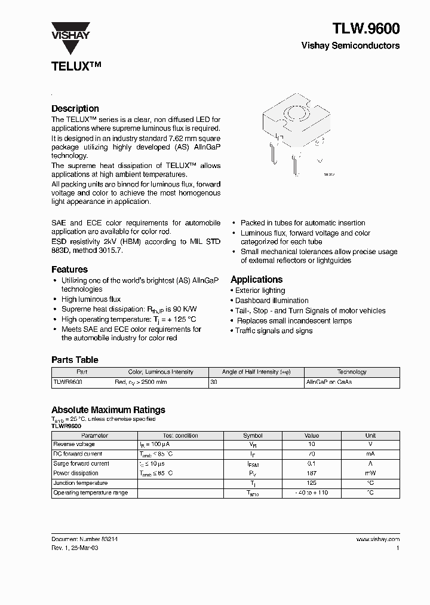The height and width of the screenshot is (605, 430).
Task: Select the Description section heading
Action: coord(75,108)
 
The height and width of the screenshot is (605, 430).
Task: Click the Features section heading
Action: coord(69,269)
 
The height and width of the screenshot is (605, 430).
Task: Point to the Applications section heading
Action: coord(256,279)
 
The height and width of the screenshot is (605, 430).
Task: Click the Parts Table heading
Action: coord(75,360)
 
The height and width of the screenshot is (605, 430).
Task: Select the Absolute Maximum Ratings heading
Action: coord(108,410)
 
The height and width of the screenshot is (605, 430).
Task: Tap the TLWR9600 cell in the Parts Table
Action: coord(68,381)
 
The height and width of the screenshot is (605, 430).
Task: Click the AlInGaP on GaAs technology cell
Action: coord(328,381)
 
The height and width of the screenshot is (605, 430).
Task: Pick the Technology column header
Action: coord(352,372)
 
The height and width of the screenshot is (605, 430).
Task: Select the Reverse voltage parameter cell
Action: coord(74,444)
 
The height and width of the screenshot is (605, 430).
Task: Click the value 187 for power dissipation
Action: coord(311,473)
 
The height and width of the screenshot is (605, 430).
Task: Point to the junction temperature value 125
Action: coord(311,483)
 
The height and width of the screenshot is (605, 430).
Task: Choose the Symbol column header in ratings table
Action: coord(253,435)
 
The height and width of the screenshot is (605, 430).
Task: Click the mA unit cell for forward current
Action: coord(370,454)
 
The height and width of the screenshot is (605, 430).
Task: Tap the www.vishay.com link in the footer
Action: coord(377,539)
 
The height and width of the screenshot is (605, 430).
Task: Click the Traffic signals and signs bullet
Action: coord(274,331)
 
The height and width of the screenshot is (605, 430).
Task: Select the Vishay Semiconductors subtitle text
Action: coord(351,45)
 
